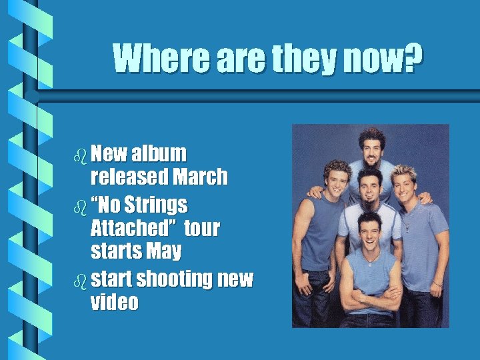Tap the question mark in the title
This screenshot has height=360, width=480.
click(x=414, y=59)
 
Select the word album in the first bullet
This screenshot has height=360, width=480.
click(x=159, y=153)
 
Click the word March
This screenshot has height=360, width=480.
click(x=199, y=177)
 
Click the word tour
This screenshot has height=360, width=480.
click(x=201, y=229)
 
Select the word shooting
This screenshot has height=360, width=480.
click(x=179, y=279)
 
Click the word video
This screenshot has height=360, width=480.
click(x=114, y=303)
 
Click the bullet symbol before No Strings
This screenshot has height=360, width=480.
click(x=81, y=206)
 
